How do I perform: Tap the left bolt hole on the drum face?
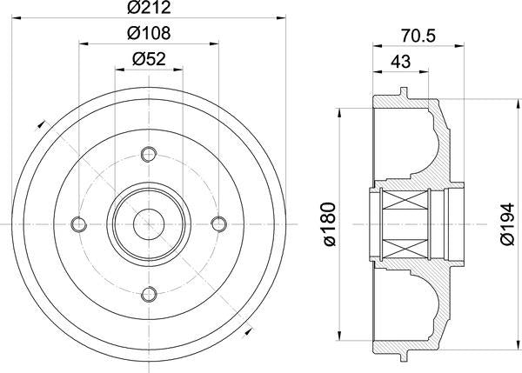click(80, 224)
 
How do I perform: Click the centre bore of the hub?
click(148, 224)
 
